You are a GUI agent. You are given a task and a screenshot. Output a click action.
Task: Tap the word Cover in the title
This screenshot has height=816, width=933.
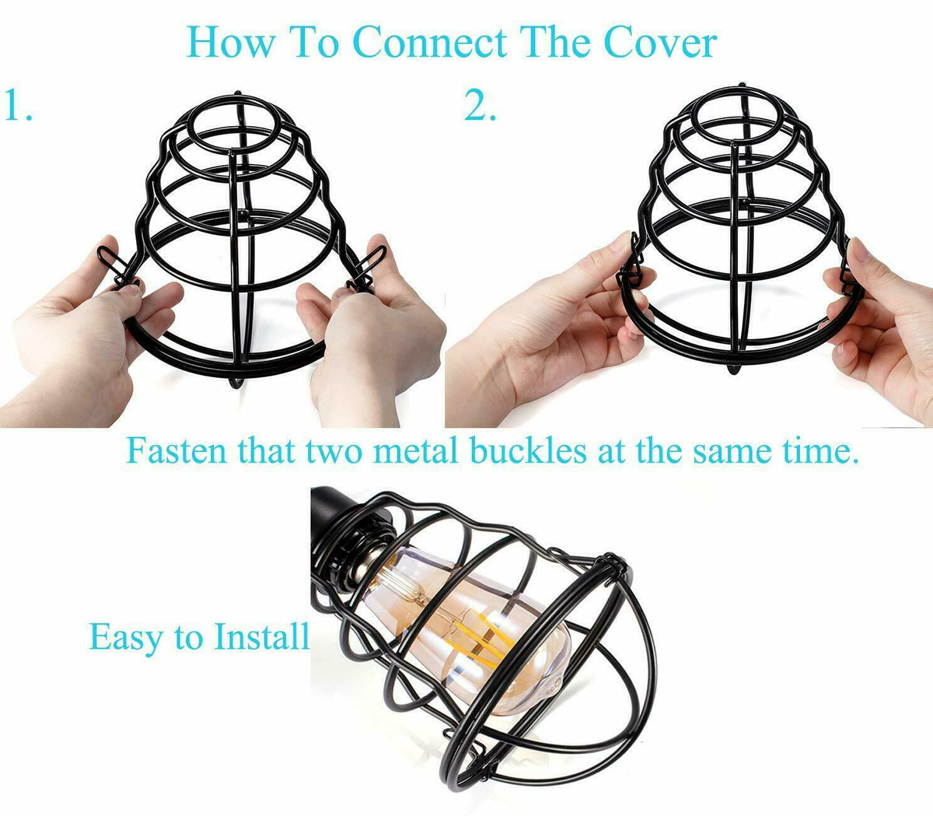coord(660,43)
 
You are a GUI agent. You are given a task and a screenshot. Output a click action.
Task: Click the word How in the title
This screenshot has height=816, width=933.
coord(230,43)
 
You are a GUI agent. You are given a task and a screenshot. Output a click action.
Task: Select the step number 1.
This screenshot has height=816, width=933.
coord(18,105)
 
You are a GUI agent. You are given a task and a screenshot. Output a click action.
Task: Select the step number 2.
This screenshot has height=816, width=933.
coord(480,105)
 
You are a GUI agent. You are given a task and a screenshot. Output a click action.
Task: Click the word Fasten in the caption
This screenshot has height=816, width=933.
coord(176,450)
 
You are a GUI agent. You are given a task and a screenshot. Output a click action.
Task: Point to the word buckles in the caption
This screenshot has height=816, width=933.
coord(528,450)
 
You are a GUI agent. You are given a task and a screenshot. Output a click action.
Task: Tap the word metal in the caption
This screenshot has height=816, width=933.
coord(415,450)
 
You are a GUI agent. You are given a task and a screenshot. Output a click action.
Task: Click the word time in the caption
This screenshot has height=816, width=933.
coord(820,450)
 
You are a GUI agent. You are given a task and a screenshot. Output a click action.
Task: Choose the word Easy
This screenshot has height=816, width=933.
coord(126,638)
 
